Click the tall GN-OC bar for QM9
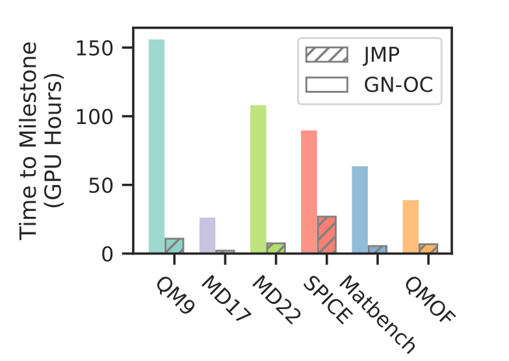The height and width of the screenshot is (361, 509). pyautogui.click(x=157, y=146)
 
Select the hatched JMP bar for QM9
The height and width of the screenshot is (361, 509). pyautogui.click(x=174, y=246)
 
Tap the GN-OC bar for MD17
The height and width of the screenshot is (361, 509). pyautogui.click(x=207, y=235)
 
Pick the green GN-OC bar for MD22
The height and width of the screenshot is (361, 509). pyautogui.click(x=258, y=179)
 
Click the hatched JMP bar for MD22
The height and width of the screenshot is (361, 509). pyautogui.click(x=276, y=248)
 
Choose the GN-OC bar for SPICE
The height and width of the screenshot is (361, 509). pyautogui.click(x=309, y=192)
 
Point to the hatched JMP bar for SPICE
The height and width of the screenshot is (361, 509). pyautogui.click(x=326, y=234)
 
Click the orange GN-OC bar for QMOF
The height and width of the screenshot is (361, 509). pyautogui.click(x=411, y=227)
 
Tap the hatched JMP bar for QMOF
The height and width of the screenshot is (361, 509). pyautogui.click(x=428, y=248)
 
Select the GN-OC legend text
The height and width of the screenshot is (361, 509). pyautogui.click(x=397, y=84)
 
